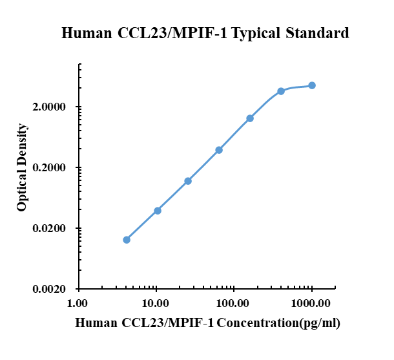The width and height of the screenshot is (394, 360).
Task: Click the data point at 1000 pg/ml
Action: [312, 85]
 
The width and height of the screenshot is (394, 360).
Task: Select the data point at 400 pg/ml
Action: [281, 91]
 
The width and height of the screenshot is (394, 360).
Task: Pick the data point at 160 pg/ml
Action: [250, 118]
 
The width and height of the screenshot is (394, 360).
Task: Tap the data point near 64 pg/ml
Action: [219, 150]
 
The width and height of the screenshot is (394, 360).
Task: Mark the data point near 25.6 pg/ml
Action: [188, 181]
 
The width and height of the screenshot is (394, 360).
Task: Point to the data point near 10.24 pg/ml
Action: [158, 211]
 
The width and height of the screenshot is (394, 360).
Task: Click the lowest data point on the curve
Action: [127, 240]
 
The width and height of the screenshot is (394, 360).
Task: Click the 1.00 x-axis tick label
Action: [78, 303]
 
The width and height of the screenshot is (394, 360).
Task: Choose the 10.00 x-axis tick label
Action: [156, 303]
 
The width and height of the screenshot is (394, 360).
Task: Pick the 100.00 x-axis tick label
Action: [234, 303]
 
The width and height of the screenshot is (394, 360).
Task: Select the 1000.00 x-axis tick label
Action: [311, 303]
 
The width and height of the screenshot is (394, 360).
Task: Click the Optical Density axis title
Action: [23, 168]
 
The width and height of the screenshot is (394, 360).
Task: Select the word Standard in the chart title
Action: [318, 33]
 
